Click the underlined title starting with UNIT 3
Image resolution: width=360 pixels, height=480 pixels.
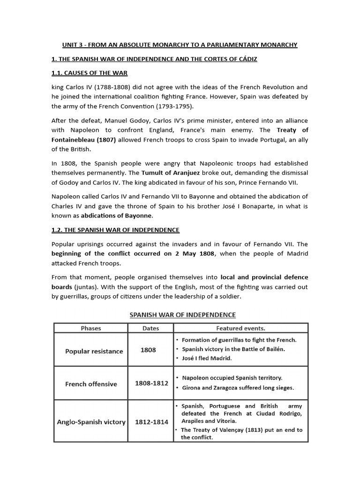click(x=180, y=45)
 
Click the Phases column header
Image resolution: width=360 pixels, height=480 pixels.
click(x=91, y=328)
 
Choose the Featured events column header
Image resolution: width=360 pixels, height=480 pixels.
click(x=240, y=328)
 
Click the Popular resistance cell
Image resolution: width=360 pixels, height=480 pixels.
click(x=94, y=351)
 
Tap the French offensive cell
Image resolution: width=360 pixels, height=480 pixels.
click(x=91, y=384)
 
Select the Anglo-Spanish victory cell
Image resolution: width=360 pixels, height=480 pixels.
click(x=91, y=421)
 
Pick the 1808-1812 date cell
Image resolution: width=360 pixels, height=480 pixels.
click(x=151, y=383)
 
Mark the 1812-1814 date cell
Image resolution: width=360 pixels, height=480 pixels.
click(x=151, y=421)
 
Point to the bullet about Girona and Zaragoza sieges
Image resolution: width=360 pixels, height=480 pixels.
click(x=238, y=388)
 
